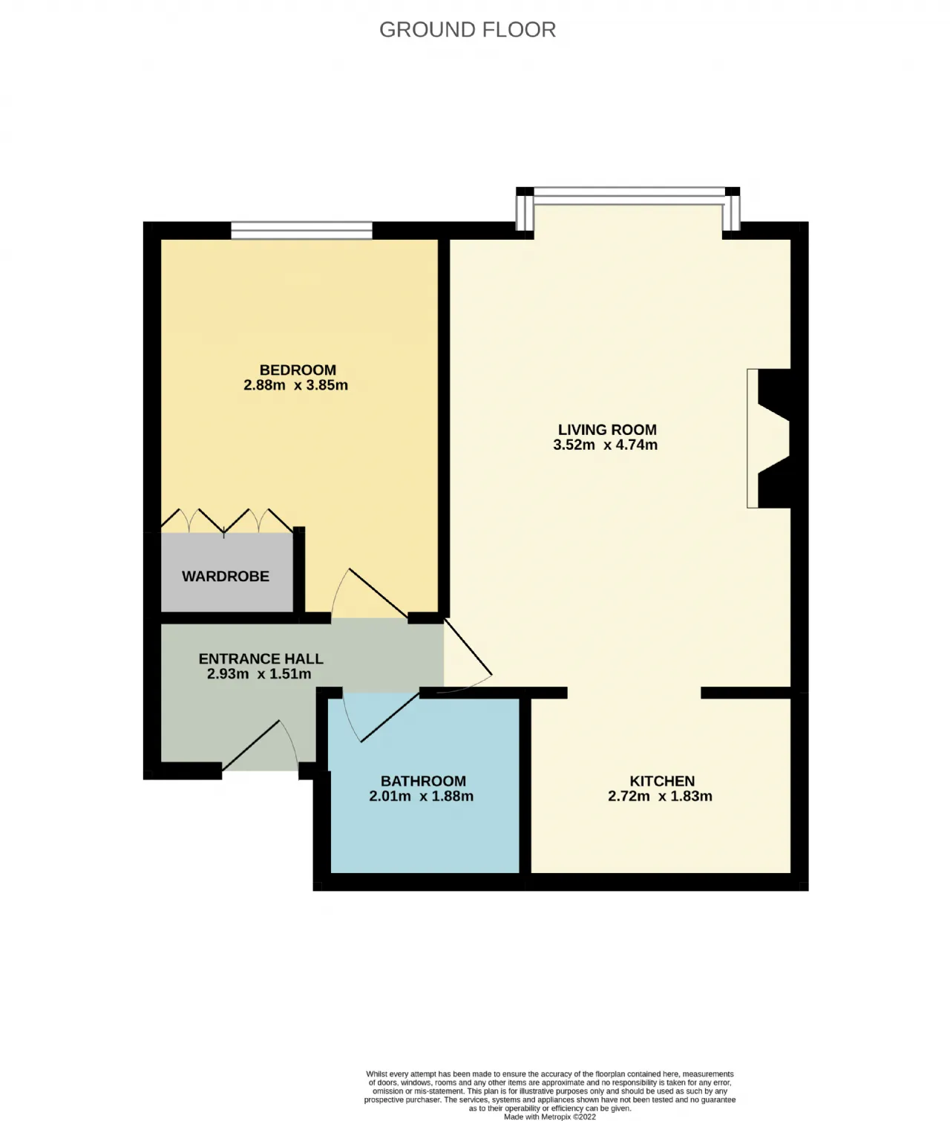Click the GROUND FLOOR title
point(468,30)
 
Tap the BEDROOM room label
point(298,370)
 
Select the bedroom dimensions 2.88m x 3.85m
point(295,385)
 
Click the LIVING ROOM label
point(607,430)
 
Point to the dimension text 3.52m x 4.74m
point(605,445)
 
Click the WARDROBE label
point(226,576)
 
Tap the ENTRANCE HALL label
point(261,658)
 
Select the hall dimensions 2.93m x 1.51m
point(259,673)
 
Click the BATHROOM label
point(424,781)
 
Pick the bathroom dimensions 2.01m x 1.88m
point(422,796)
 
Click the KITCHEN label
point(662,781)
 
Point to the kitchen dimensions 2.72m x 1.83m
point(660,796)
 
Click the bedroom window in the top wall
point(301,230)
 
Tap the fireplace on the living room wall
point(768,438)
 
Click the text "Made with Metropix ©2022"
point(550,1117)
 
